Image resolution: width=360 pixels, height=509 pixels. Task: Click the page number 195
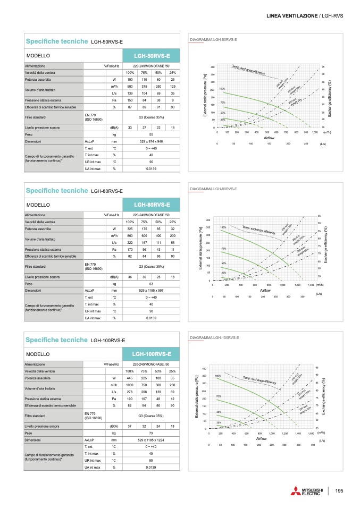339,489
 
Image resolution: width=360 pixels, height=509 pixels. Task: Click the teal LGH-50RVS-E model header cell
152,55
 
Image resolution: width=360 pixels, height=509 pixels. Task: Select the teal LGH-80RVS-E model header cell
152,205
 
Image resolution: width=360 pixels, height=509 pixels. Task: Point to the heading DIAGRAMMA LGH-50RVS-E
213,39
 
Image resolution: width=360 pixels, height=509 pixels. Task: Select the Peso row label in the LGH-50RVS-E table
29,135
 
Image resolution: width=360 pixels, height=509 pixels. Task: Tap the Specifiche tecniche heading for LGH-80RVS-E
57,190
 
